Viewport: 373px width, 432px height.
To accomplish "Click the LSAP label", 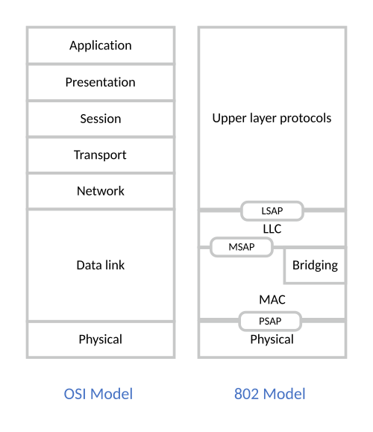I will [x=272, y=211].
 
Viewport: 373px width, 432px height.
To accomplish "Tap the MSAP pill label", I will [x=241, y=247].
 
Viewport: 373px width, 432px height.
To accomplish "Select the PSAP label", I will [x=270, y=322].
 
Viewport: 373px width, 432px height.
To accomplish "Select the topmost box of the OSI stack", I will [x=100, y=46].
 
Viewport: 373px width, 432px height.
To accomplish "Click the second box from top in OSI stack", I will [x=100, y=82].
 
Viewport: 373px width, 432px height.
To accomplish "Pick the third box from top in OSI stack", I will [x=100, y=119].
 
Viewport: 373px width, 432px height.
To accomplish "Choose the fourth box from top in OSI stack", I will [x=100, y=154].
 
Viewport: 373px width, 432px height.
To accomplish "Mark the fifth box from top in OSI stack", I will [x=100, y=191].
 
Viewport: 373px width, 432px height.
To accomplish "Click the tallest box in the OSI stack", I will [x=100, y=265].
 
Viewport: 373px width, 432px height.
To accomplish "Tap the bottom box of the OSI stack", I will [x=100, y=339].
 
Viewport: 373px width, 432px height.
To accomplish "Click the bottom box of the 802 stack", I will [x=272, y=340].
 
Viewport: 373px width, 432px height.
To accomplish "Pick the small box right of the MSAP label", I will [x=315, y=265].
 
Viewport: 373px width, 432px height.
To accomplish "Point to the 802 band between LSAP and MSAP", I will [x=272, y=230].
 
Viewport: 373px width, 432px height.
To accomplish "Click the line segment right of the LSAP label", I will [x=325, y=211].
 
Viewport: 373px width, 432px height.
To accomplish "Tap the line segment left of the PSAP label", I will [x=219, y=322].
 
